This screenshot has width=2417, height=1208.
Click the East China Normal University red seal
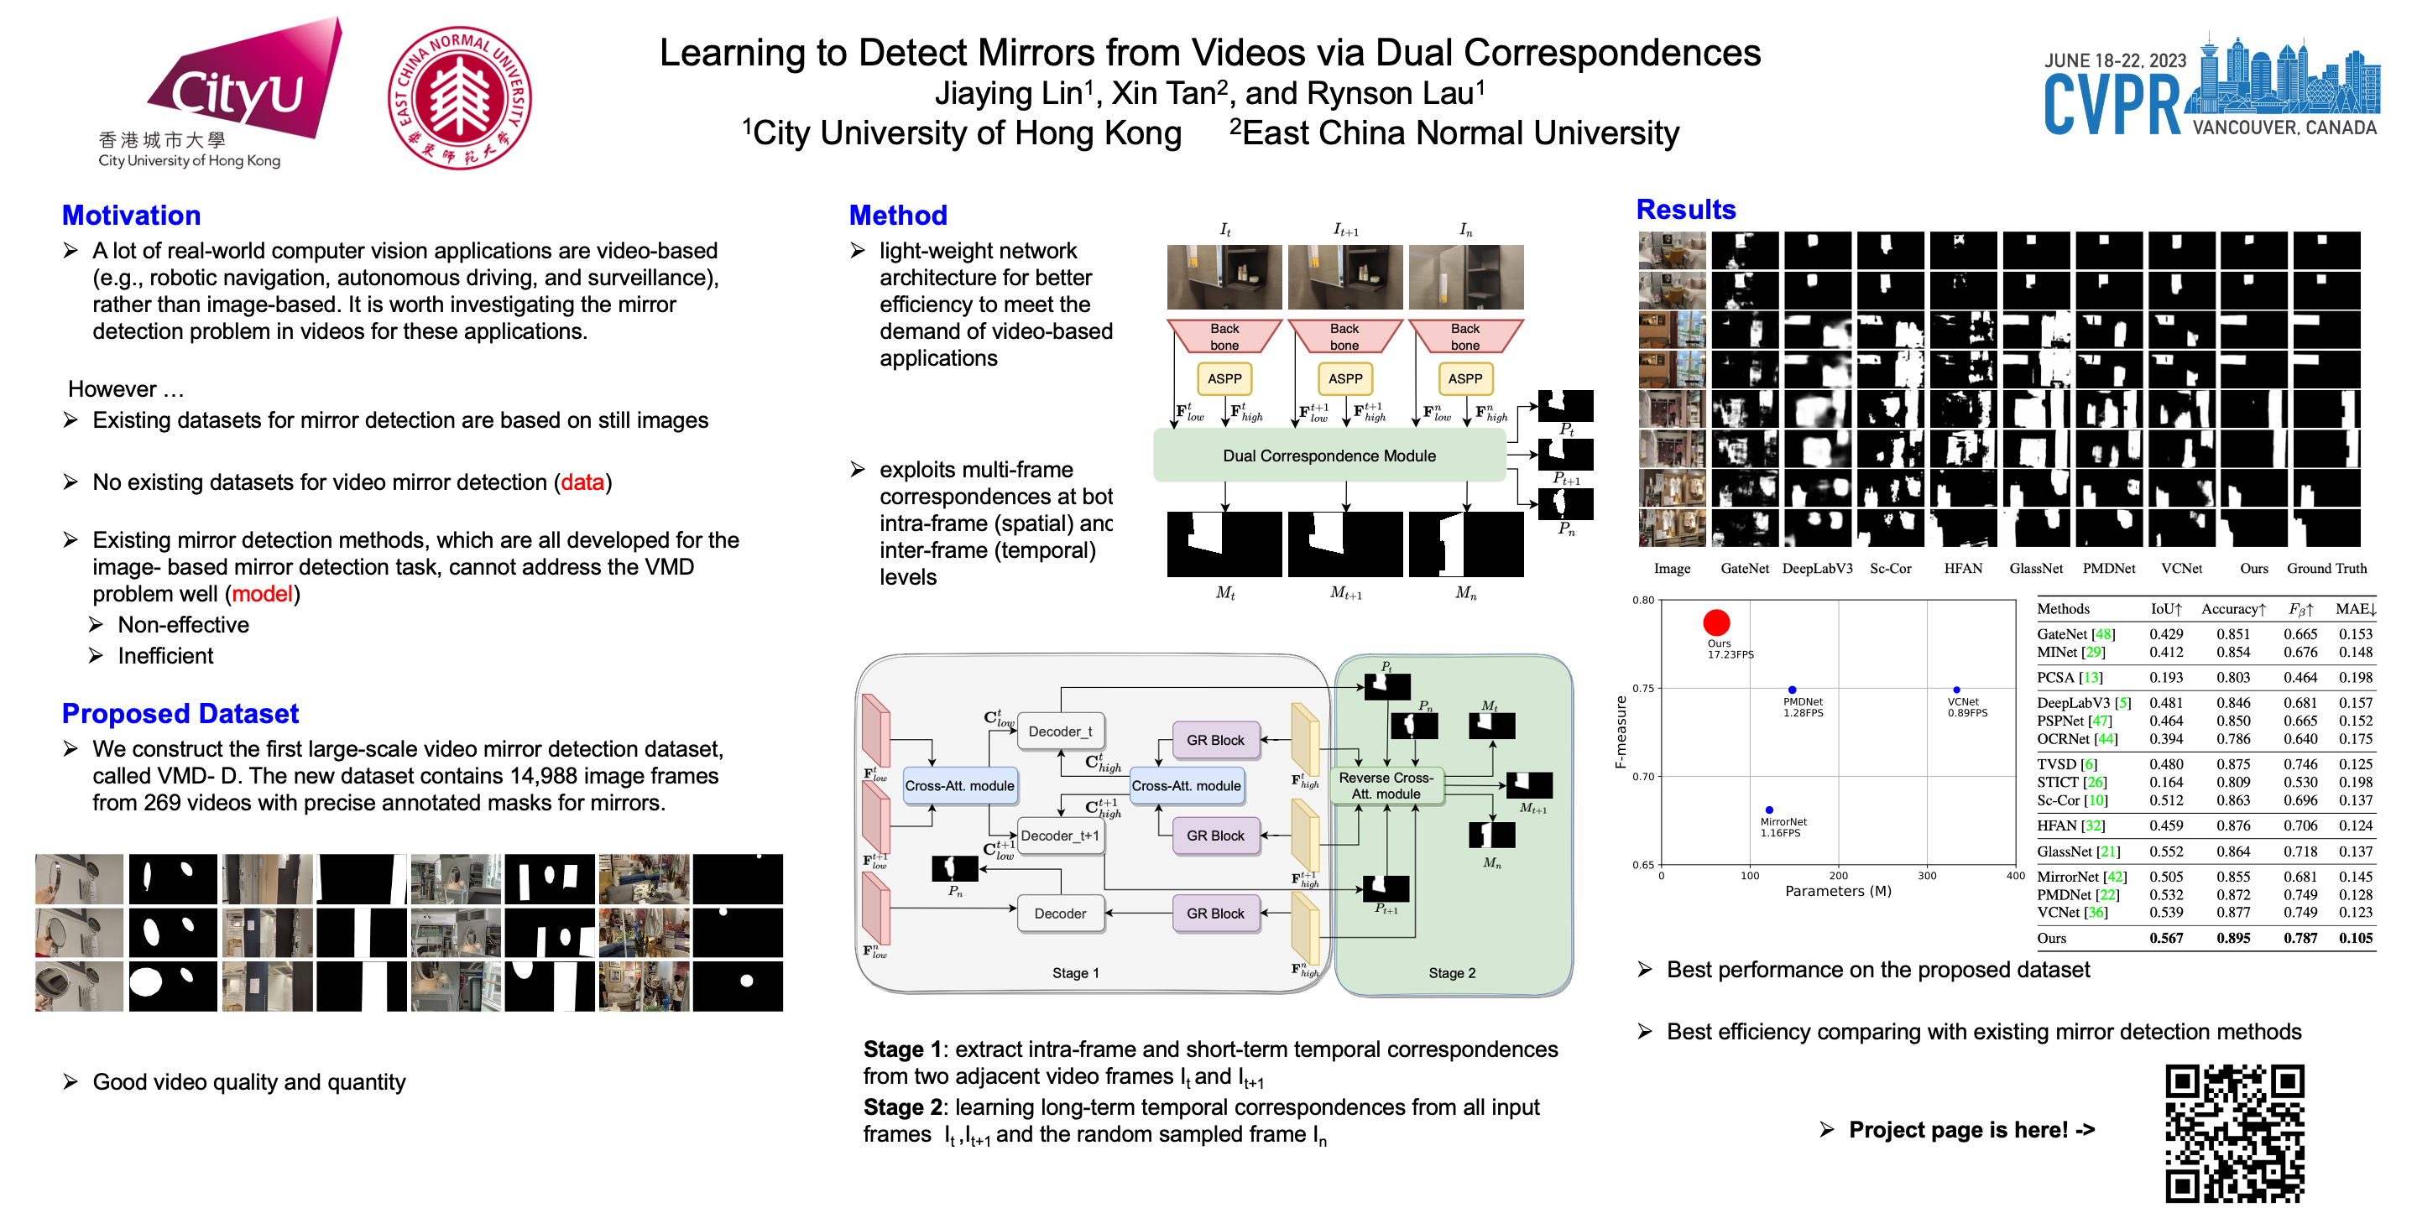click(x=459, y=97)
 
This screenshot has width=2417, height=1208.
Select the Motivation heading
click(x=132, y=216)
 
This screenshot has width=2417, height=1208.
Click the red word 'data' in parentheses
click(x=582, y=482)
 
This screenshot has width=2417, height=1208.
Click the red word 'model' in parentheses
click(x=262, y=594)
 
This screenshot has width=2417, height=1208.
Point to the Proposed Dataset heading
click(x=180, y=714)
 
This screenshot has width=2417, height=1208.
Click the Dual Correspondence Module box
click(x=1329, y=456)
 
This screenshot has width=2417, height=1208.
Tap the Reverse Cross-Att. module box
click(x=1386, y=786)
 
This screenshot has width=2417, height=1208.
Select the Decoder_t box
click(x=1060, y=732)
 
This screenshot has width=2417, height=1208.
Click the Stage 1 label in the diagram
click(x=1075, y=972)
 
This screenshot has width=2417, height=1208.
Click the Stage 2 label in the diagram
click(x=1452, y=972)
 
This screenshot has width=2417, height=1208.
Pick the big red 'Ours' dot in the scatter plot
click(x=1716, y=622)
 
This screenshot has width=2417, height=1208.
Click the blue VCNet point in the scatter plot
click(x=1956, y=690)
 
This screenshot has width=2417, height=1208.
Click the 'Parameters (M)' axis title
click(x=1837, y=891)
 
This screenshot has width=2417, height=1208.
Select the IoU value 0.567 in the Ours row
click(x=2165, y=938)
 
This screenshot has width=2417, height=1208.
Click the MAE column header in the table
click(x=2355, y=609)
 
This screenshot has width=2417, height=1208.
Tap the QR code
click(x=2234, y=1133)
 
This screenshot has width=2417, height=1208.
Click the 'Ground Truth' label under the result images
click(x=2326, y=569)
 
